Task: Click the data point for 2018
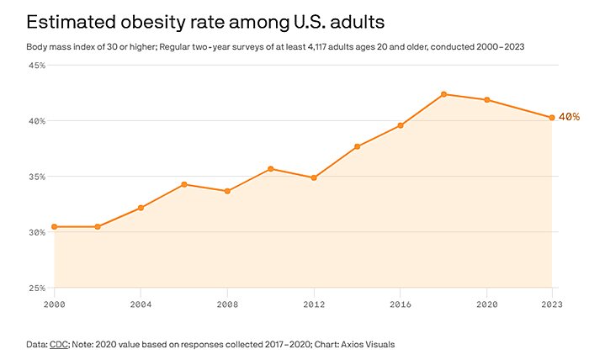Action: tap(443, 94)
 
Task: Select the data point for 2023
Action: tap(552, 118)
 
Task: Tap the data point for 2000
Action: tap(54, 226)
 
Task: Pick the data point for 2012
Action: tap(314, 177)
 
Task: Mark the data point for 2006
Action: tap(183, 184)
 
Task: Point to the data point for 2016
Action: tap(401, 125)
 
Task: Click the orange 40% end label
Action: tap(569, 117)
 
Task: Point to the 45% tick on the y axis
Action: tap(37, 65)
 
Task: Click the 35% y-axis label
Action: tap(37, 177)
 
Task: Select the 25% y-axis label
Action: tap(37, 288)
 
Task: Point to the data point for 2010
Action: tap(270, 168)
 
